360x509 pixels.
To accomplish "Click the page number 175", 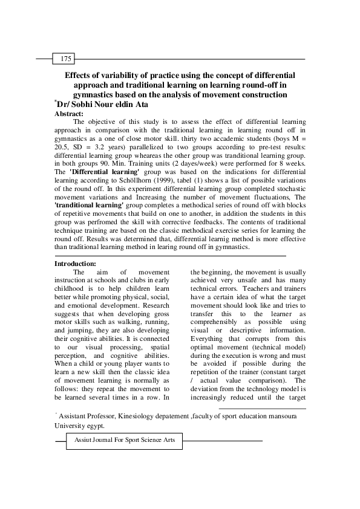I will [x=66, y=59].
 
